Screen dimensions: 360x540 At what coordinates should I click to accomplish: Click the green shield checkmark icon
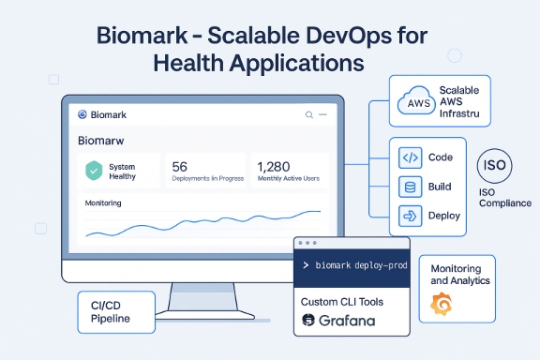[x=93, y=172]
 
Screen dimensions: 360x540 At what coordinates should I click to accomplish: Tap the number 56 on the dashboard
[x=181, y=166]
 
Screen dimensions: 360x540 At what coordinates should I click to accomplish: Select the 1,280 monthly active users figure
[x=274, y=166]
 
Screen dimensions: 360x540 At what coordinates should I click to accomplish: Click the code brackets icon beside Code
[x=409, y=157]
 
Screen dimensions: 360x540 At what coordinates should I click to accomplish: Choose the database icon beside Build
[x=409, y=187]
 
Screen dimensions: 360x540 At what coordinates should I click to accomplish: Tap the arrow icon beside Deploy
[x=409, y=216]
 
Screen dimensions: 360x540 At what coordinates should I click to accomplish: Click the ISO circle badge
[x=495, y=166]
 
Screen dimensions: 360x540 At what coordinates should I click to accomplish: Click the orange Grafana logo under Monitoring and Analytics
[x=441, y=305]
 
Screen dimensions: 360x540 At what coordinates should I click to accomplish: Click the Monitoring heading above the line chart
[x=103, y=202]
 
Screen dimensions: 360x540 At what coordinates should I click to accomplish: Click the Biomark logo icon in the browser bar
[x=82, y=115]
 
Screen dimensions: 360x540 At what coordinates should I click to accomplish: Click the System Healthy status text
[x=122, y=172]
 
